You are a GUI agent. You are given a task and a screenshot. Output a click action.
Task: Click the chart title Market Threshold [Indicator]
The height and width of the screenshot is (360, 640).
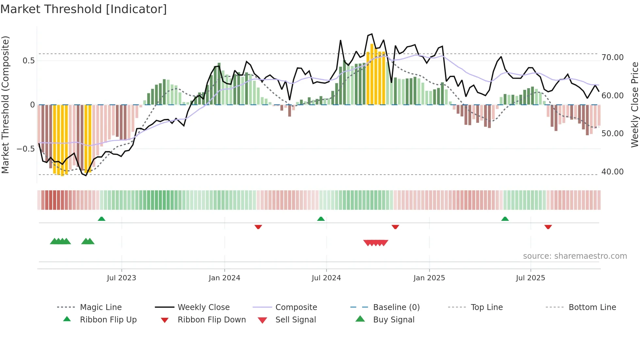pyautogui.click(x=84, y=9)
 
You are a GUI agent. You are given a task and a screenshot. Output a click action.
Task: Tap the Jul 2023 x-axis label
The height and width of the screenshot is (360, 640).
pyautogui.click(x=121, y=278)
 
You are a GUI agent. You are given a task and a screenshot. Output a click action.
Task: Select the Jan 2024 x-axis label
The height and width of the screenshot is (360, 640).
pyautogui.click(x=224, y=278)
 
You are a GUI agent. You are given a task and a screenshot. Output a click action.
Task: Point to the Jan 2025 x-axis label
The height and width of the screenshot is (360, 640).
pyautogui.click(x=429, y=278)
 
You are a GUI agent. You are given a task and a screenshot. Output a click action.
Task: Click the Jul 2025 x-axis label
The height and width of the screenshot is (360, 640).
pyautogui.click(x=531, y=278)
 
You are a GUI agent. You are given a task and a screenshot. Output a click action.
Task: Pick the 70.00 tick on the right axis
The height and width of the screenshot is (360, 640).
pyautogui.click(x=613, y=57)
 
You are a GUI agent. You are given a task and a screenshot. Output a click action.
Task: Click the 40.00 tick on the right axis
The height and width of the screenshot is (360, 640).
pyautogui.click(x=613, y=172)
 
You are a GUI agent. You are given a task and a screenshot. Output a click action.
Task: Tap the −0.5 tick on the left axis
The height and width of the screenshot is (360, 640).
pyautogui.click(x=25, y=149)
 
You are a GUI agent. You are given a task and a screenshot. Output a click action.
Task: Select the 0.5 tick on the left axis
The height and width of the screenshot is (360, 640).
pyautogui.click(x=28, y=61)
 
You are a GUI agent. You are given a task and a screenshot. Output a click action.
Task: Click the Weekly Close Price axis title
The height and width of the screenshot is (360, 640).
pyautogui.click(x=634, y=105)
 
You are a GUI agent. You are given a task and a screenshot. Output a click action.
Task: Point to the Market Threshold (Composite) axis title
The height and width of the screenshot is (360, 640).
pyautogui.click(x=5, y=105)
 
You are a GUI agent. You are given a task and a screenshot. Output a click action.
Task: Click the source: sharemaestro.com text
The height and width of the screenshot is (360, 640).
pyautogui.click(x=575, y=256)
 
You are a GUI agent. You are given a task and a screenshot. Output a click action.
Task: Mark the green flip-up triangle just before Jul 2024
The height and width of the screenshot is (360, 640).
pyautogui.click(x=321, y=219)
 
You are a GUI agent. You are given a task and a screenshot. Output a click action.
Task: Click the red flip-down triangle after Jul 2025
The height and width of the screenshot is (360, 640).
pyautogui.click(x=548, y=227)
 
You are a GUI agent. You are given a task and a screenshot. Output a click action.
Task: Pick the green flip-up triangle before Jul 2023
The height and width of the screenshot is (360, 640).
pyautogui.click(x=102, y=219)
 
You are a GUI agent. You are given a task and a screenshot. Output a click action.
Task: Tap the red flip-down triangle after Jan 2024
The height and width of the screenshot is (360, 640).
pyautogui.click(x=258, y=227)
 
